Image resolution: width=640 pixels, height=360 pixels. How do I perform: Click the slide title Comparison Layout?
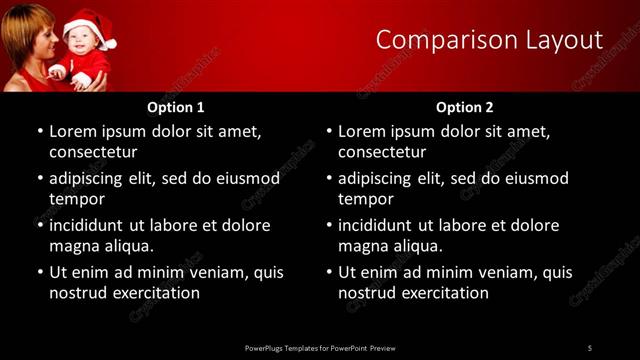489,40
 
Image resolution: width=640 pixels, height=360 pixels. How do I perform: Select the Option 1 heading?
176,107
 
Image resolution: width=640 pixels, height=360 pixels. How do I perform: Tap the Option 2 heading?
465,107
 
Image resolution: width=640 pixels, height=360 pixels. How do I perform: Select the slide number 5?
589,348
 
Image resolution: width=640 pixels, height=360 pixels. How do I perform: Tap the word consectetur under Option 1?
93,152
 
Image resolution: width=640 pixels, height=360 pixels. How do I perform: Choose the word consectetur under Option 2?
382,152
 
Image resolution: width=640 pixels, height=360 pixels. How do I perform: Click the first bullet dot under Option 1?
39,132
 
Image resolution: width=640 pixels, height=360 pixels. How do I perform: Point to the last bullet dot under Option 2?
328,273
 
